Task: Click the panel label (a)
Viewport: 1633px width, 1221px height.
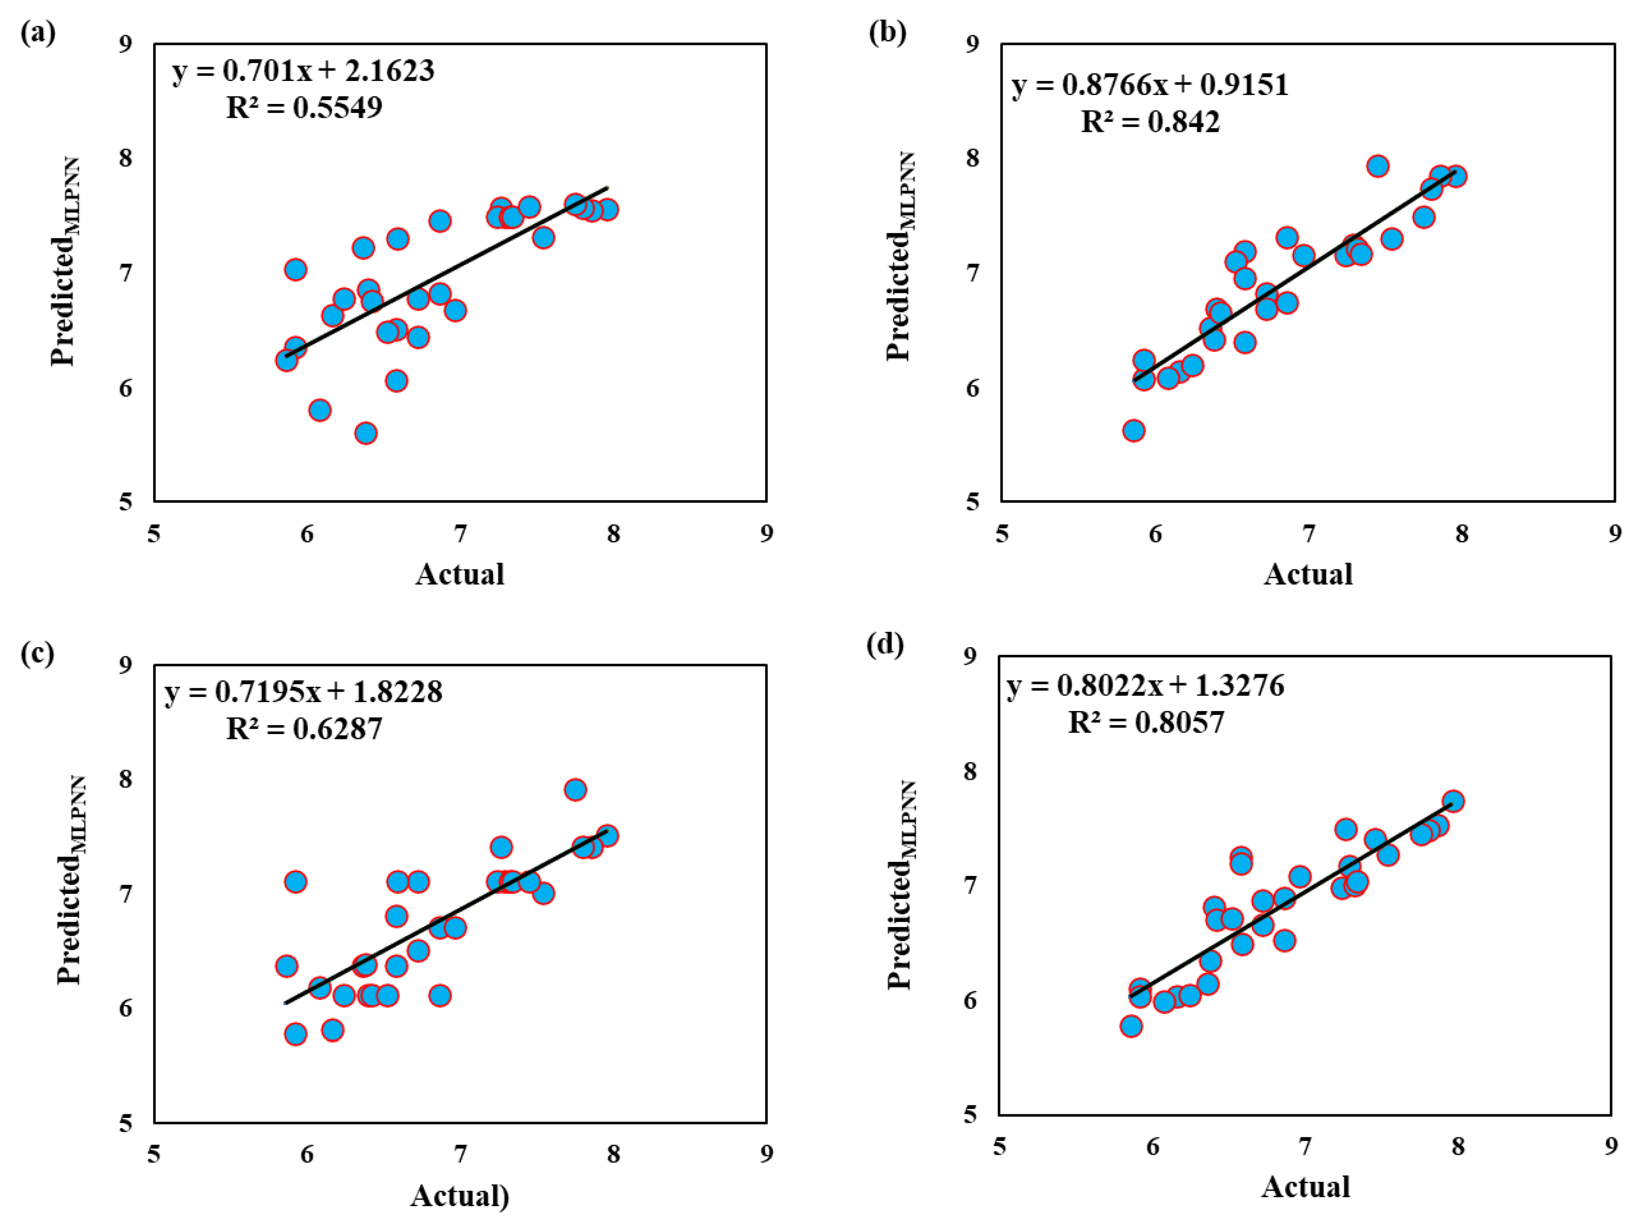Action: tap(38, 33)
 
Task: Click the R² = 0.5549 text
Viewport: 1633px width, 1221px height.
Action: tap(304, 108)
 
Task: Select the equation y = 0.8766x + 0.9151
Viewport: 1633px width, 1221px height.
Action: tap(1149, 85)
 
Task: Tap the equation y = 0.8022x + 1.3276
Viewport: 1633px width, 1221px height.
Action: tap(1145, 685)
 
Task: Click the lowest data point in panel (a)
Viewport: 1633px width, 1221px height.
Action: tap(365, 433)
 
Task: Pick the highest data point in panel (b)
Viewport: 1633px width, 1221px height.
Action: tap(1377, 166)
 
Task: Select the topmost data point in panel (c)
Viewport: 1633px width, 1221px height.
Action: tap(575, 790)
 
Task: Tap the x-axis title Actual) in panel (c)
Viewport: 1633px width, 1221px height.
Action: tap(459, 1195)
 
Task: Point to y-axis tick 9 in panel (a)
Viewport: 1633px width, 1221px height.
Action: tap(126, 44)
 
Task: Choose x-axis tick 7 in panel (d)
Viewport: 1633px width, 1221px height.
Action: tap(1305, 1146)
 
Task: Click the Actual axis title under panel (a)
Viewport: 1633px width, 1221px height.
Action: tap(459, 574)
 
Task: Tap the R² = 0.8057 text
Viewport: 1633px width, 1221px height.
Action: tap(1146, 722)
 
